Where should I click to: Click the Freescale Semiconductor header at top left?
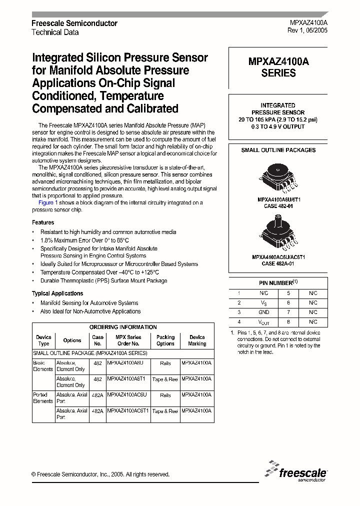coord(74,23)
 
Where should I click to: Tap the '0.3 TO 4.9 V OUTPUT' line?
coord(278,127)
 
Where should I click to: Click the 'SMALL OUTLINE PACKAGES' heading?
coord(278,150)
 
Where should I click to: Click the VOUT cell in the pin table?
coord(264,322)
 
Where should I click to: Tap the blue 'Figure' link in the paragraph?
coord(46,202)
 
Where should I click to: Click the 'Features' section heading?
coord(43,222)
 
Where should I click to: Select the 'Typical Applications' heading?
coord(57,293)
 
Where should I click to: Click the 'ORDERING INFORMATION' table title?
coord(123,327)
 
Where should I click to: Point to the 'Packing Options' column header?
coord(165,340)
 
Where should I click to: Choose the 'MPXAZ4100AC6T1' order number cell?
coord(128,410)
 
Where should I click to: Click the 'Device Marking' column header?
coord(197,340)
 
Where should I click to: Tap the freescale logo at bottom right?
coord(297,471)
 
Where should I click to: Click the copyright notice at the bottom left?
coord(100,474)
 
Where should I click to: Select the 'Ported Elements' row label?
coord(43,398)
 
